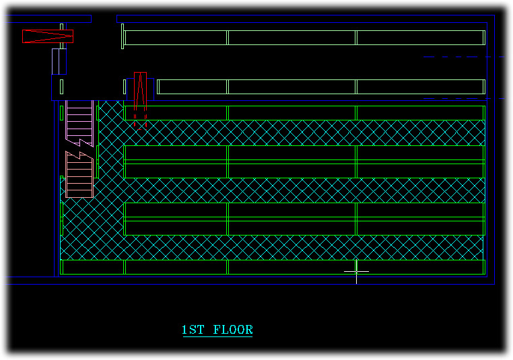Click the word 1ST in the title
pyautogui.click(x=194, y=330)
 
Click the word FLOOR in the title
pyautogui.click(x=233, y=330)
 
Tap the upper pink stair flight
pyautogui.click(x=79, y=120)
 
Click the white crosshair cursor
pyautogui.click(x=356, y=271)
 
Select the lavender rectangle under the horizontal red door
pyautogui.click(x=59, y=61)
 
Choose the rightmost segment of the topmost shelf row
pyautogui.click(x=420, y=38)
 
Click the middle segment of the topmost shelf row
pyautogui.click(x=292, y=38)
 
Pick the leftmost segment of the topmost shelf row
pyautogui.click(x=176, y=38)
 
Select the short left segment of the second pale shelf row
pyautogui.click(x=192, y=87)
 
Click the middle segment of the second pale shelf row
pyautogui.click(x=292, y=87)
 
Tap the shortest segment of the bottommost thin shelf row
pyautogui.click(x=93, y=267)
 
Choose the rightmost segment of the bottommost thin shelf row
pyautogui.click(x=420, y=267)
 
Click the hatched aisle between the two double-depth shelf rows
pyautogui.click(x=303, y=190)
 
